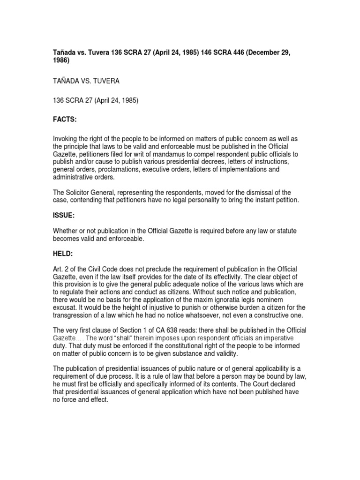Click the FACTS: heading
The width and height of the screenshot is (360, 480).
(64, 120)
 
